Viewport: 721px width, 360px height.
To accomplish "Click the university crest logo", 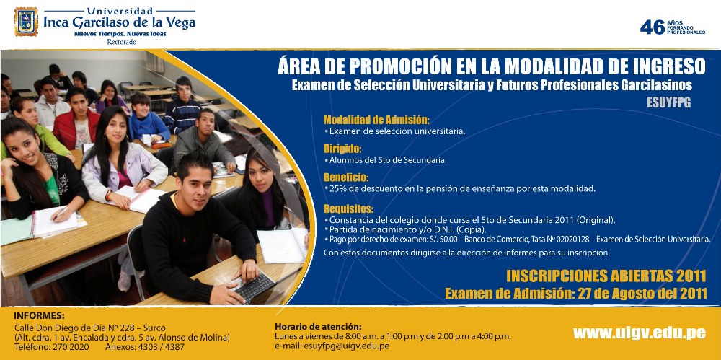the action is point(26,22).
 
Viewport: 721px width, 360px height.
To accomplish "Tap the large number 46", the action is point(653,27).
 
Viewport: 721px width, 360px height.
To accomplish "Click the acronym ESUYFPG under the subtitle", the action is point(668,102).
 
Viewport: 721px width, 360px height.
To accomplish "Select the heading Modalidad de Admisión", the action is point(376,120).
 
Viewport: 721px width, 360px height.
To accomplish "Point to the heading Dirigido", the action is point(342,149).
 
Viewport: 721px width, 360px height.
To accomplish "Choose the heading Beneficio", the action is point(346,177).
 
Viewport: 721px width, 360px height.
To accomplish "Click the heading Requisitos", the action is point(348,209).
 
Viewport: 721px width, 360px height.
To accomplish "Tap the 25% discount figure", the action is point(338,189).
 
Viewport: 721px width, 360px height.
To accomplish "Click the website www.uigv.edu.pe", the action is point(639,333).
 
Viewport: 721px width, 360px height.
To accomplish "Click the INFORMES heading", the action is point(40,316).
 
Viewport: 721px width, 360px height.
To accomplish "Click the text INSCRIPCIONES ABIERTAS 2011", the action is point(606,276).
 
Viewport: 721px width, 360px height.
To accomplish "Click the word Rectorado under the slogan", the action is point(121,42).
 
